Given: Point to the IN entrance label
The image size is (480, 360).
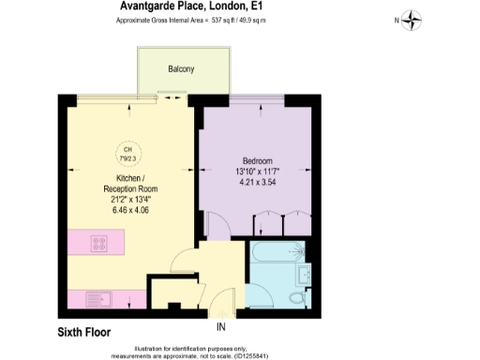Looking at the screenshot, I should [221, 327].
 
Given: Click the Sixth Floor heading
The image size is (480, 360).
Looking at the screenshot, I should [84, 332].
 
